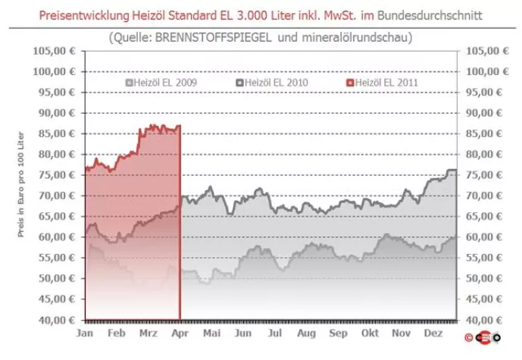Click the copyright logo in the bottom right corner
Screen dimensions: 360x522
(485, 337)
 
